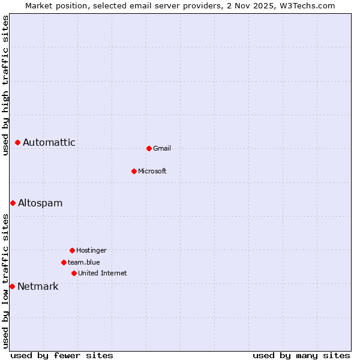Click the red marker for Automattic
coord(18,143)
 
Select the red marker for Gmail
coord(149,148)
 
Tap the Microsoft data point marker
coord(134,171)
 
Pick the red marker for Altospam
coord(13,203)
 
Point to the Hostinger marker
coord(72,250)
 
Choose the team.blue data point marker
coord(64,262)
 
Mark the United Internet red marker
coord(74,273)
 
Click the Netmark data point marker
coord(12,287)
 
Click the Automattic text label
coord(49,143)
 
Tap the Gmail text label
coord(162,148)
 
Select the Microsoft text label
coord(152,171)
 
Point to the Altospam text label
coord(40,203)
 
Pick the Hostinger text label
coord(91,250)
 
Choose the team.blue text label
coord(84,262)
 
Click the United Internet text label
coord(103,273)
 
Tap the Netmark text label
coord(38,287)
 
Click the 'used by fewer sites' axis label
coord(62,356)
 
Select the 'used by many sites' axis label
coord(301,356)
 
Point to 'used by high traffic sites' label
coord(5,85)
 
